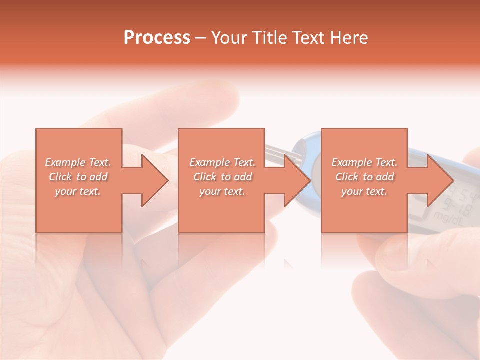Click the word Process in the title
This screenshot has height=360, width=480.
pyautogui.click(x=157, y=38)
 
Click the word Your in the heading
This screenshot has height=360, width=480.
pyautogui.click(x=230, y=38)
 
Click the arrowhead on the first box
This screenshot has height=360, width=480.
pyautogui.click(x=155, y=180)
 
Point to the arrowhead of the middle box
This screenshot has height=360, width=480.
pyautogui.click(x=298, y=180)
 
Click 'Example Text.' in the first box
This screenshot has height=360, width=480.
pyautogui.click(x=78, y=162)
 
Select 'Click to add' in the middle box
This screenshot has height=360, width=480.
pyautogui.click(x=222, y=177)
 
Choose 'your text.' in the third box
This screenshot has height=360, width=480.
pyautogui.click(x=364, y=191)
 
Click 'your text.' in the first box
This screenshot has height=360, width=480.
pyautogui.click(x=78, y=191)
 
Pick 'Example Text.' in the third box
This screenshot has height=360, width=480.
pyautogui.click(x=364, y=162)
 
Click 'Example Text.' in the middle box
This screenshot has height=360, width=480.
pyautogui.click(x=222, y=162)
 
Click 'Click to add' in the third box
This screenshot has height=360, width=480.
pyautogui.click(x=364, y=177)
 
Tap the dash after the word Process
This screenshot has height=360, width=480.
pyautogui.click(x=201, y=38)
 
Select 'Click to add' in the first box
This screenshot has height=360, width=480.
pyautogui.click(x=78, y=177)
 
